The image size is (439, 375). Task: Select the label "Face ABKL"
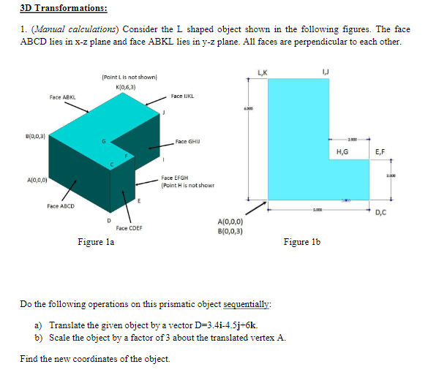[61, 96]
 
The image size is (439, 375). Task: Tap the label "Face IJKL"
[181, 96]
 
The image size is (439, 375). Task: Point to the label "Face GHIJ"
[189, 141]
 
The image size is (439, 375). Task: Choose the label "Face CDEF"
[129, 228]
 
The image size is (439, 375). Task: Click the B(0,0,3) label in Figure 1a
[15, 136]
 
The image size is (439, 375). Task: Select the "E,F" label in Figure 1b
[380, 153]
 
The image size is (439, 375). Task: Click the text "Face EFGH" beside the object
[176, 178]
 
